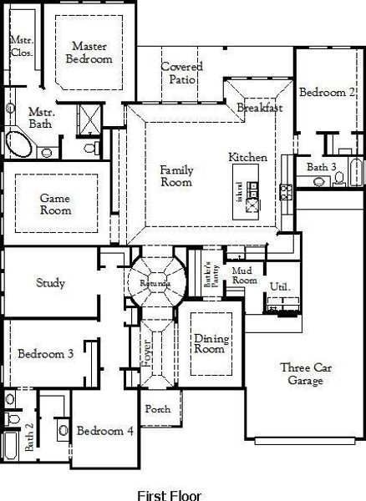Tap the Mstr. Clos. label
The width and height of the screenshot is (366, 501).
point(21,46)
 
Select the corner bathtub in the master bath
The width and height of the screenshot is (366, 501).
point(18,144)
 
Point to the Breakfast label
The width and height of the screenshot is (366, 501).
point(260,109)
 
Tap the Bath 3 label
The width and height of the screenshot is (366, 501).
point(322,167)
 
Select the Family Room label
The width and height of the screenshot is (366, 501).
point(176,175)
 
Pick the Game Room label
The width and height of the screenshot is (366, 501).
point(55,205)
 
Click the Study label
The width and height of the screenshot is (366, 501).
point(50,283)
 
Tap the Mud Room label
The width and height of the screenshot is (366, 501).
point(245,276)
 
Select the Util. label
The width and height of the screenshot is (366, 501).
point(279,286)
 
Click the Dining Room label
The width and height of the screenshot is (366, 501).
point(209,343)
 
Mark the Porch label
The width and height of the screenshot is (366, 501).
point(158,410)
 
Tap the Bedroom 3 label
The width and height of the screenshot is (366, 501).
point(47,354)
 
